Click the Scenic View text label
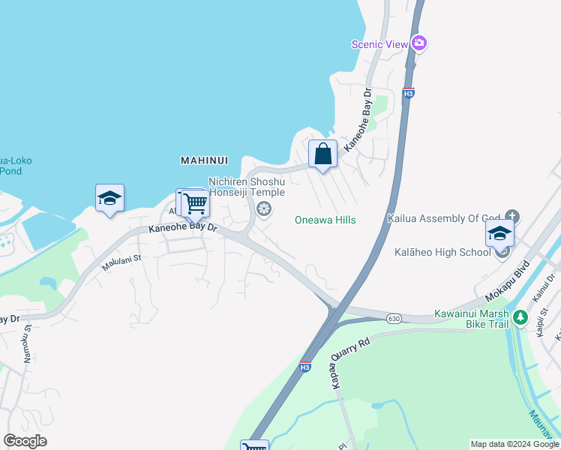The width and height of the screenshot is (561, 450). [379, 44]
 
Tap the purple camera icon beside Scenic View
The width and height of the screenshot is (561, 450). [419, 43]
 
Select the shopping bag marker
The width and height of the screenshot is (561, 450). [322, 155]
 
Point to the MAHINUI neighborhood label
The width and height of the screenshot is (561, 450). [203, 160]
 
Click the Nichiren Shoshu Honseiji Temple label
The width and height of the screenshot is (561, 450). [247, 187]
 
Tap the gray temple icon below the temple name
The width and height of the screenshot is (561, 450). [263, 208]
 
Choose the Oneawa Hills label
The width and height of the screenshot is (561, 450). [325, 220]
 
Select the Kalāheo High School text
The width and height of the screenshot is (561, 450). [442, 252]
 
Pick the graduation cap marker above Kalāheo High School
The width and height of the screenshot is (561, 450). [499, 234]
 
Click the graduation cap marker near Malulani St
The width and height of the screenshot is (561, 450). [109, 199]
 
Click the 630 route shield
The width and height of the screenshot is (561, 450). [394, 319]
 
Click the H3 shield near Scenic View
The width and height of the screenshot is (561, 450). [408, 93]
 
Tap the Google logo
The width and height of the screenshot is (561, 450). [25, 441]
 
